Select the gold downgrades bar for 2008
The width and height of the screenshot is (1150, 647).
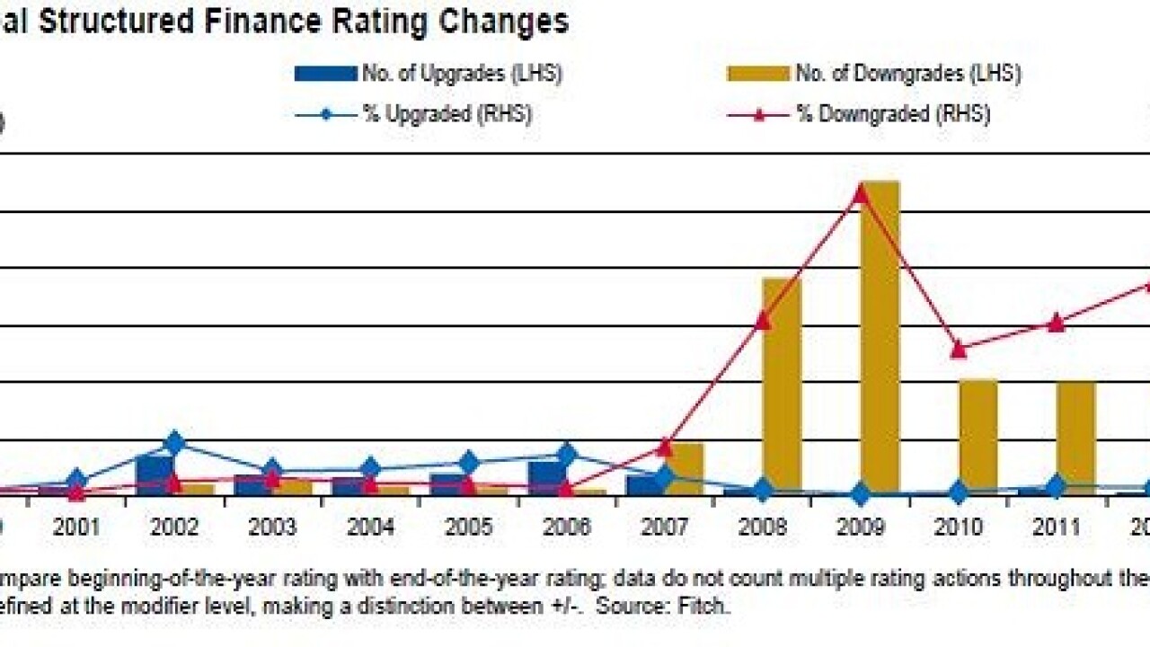coord(782,386)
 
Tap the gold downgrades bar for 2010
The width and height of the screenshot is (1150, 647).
coord(978,437)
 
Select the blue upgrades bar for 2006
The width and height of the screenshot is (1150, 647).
coord(546,477)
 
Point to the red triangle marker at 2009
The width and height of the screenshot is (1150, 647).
coord(861,193)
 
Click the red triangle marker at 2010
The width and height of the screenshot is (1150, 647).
coord(959,349)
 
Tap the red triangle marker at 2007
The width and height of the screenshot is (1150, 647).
coord(665,447)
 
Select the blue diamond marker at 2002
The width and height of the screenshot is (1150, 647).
coord(174,443)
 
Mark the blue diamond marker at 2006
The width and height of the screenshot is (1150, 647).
coord(566,455)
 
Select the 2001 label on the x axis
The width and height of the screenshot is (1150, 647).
coord(75,527)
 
